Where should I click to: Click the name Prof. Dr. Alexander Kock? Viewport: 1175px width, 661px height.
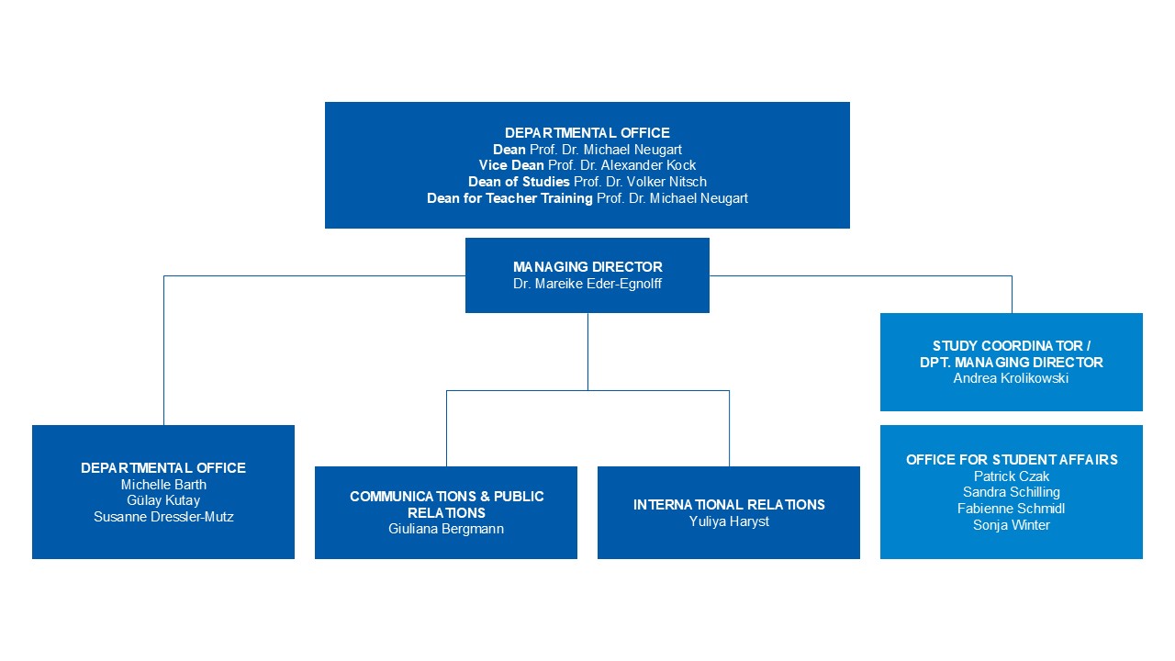click(x=621, y=165)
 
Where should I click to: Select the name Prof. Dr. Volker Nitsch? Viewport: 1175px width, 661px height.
click(x=640, y=182)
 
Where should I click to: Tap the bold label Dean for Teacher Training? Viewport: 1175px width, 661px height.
click(x=509, y=198)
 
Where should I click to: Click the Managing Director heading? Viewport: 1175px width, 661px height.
click(x=587, y=266)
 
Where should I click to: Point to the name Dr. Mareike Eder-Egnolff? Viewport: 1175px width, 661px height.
click(x=587, y=284)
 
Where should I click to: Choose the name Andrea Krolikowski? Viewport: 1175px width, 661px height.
click(x=1011, y=378)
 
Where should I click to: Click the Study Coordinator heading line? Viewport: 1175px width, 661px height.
click(x=1012, y=346)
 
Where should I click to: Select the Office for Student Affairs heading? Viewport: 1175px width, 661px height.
click(x=1012, y=460)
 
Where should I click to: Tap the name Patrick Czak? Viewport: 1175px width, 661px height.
click(x=1012, y=476)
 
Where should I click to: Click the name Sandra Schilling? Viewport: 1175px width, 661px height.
click(x=1012, y=492)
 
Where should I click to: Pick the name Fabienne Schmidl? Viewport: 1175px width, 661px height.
click(x=1011, y=509)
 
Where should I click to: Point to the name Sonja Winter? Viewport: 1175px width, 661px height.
click(x=1012, y=525)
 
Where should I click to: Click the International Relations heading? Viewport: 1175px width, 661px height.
click(x=729, y=505)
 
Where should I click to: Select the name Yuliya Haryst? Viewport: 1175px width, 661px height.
click(x=729, y=521)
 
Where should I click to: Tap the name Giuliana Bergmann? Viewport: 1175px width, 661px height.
click(x=446, y=529)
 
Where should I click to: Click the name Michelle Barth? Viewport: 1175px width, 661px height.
click(x=163, y=484)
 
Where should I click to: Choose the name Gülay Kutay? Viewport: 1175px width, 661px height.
click(x=163, y=500)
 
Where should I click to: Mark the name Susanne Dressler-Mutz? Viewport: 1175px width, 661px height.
click(x=163, y=517)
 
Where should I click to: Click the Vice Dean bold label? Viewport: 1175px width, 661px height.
click(x=511, y=165)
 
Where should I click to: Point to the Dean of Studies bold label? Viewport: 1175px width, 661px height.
click(x=519, y=182)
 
